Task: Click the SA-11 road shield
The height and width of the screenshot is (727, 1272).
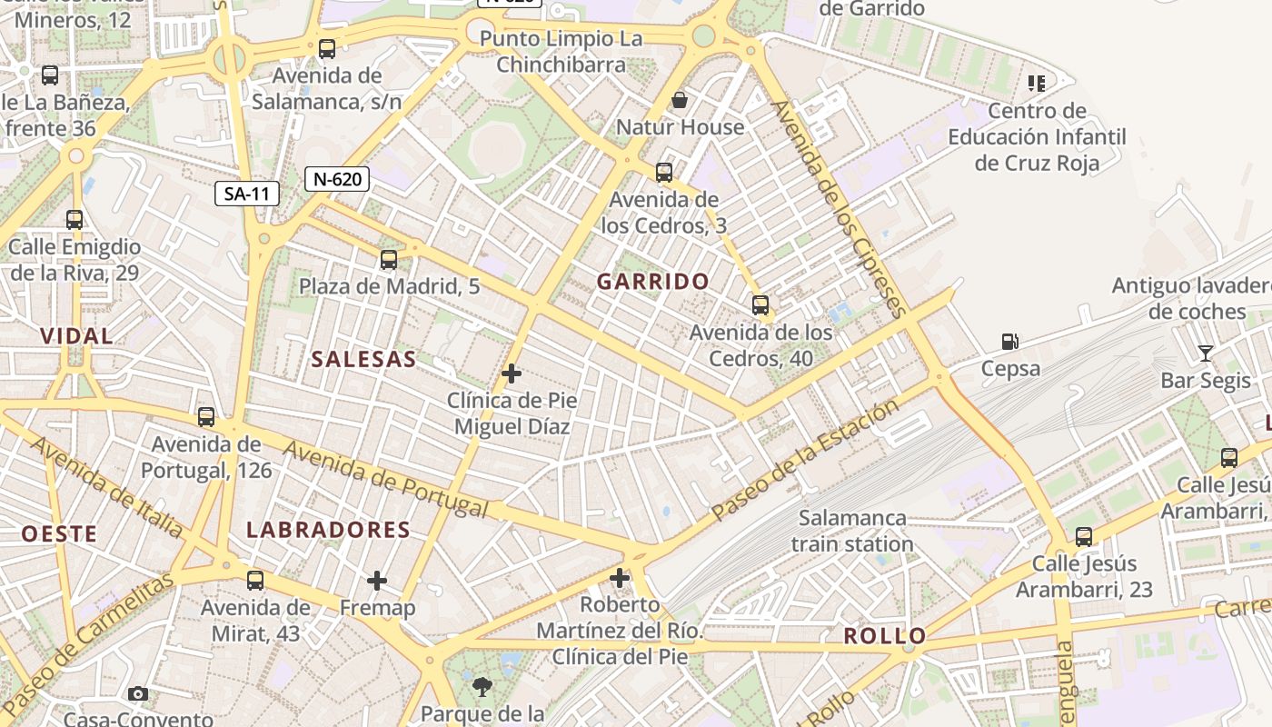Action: click(x=246, y=194)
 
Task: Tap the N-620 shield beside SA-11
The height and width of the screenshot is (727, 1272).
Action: click(x=337, y=179)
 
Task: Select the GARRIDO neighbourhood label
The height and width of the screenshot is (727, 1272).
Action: click(x=652, y=282)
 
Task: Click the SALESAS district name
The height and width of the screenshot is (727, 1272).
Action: click(x=363, y=359)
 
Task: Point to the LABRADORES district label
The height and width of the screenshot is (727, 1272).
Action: click(x=328, y=530)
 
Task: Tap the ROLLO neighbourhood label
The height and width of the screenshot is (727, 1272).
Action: click(x=884, y=636)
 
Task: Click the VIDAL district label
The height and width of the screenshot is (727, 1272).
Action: click(x=76, y=336)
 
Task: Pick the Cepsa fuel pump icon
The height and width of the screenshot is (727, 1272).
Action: click(x=1009, y=342)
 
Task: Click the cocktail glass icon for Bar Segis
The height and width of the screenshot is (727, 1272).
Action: click(x=1205, y=353)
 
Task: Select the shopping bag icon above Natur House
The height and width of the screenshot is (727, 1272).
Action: click(x=679, y=99)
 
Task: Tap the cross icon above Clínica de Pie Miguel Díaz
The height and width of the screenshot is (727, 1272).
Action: click(x=512, y=373)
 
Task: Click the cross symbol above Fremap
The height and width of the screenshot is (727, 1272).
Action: click(x=377, y=580)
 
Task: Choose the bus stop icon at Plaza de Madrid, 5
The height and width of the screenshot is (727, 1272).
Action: click(x=389, y=260)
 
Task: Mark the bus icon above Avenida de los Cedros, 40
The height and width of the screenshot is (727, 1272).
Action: click(x=760, y=305)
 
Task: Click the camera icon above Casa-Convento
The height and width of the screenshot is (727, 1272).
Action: click(x=138, y=694)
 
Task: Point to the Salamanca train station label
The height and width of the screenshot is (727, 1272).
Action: click(x=851, y=531)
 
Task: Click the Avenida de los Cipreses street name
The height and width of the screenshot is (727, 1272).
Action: click(x=838, y=209)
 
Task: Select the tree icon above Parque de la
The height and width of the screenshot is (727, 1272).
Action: click(x=482, y=687)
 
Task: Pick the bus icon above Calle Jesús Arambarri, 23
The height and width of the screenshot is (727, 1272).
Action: click(x=1083, y=537)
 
